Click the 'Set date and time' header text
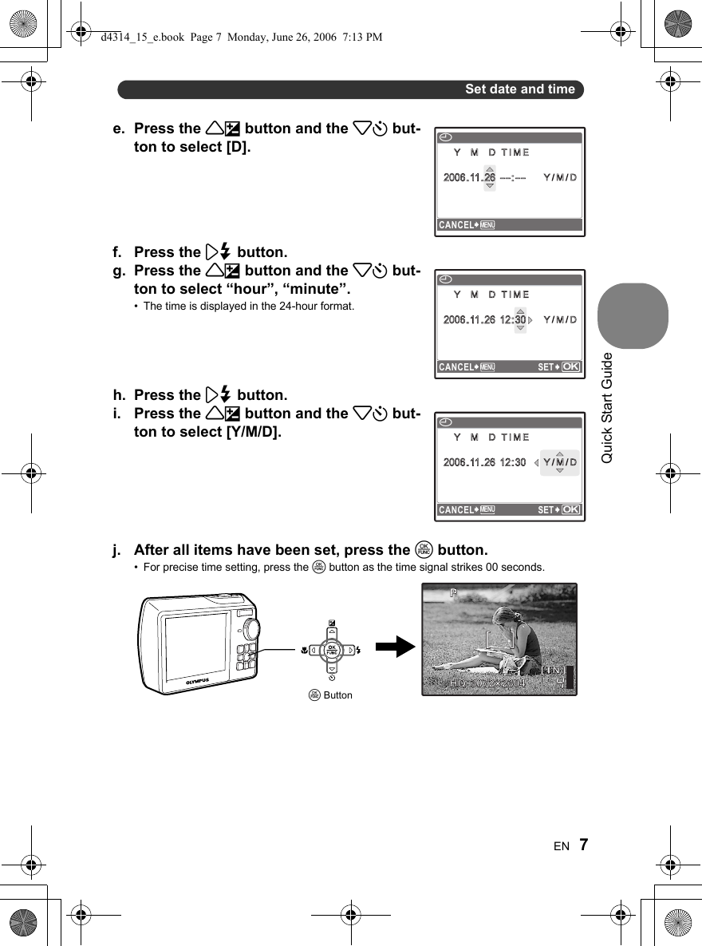pyautogui.click(x=519, y=89)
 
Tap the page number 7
pyautogui.click(x=585, y=845)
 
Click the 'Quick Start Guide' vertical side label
pyautogui.click(x=607, y=407)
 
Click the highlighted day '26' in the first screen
pyautogui.click(x=489, y=177)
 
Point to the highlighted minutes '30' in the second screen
pyautogui.click(x=519, y=320)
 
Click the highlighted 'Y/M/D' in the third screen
pyautogui.click(x=559, y=462)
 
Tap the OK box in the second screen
pyautogui.click(x=570, y=367)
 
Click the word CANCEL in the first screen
pyautogui.click(x=456, y=225)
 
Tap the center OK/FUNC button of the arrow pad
pyautogui.click(x=332, y=650)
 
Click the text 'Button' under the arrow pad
pyautogui.click(x=337, y=695)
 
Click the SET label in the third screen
pyautogui.click(x=546, y=510)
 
